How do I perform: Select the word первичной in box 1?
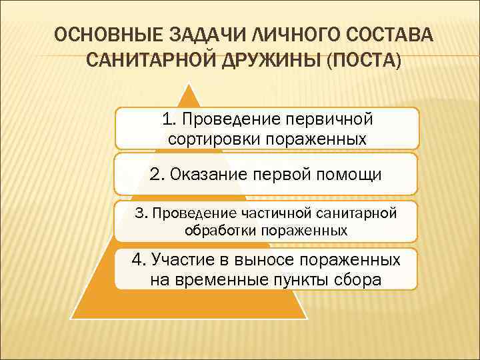[x=329, y=119]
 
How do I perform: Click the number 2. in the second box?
[x=157, y=175]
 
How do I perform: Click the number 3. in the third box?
[x=141, y=213]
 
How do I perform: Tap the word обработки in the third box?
[x=217, y=231]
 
